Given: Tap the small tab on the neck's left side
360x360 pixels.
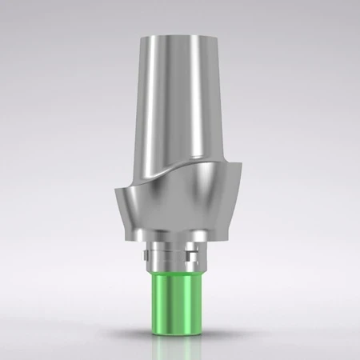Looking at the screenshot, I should coord(145,257).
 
